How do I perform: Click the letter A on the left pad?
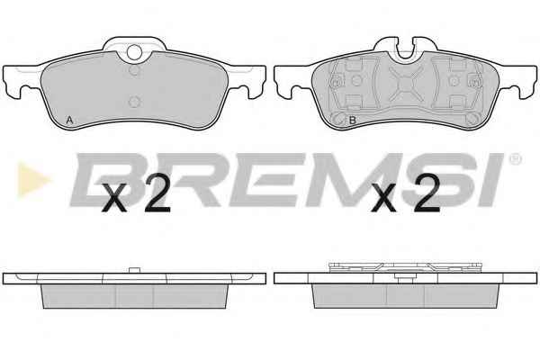[x=69, y=121]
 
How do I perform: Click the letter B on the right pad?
[x=352, y=121]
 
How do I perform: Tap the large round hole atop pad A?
[x=134, y=52]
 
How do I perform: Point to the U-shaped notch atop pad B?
[x=406, y=50]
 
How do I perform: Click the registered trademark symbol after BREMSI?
[x=515, y=159]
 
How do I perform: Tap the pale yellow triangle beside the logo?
[x=33, y=179]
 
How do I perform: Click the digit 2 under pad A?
[x=157, y=193]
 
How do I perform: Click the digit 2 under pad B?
[x=427, y=193]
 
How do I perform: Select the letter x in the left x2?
[x=116, y=197]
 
